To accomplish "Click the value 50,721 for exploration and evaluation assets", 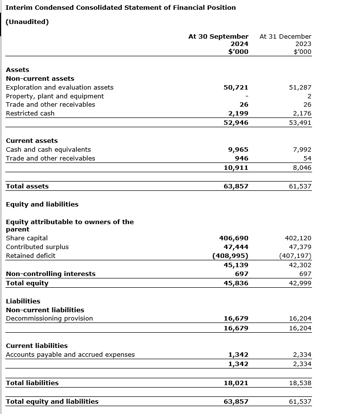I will (x=236, y=88).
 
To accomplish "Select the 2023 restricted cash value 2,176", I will (x=300, y=114).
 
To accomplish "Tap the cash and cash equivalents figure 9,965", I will (x=238, y=150).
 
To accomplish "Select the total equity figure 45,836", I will (x=236, y=283).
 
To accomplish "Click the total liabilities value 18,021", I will (x=236, y=383).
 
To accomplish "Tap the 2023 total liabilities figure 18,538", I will (x=300, y=383).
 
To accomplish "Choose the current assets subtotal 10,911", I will (x=236, y=168).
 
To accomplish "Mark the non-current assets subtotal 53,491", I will (x=300, y=123).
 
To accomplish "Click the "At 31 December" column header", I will (x=285, y=36).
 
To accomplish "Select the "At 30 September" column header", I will (x=218, y=36).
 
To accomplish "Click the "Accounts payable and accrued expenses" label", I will (x=70, y=355).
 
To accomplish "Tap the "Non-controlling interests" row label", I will (x=51, y=274).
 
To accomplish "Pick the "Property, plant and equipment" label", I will (x=55, y=96).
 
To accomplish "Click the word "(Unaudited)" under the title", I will (x=27, y=22).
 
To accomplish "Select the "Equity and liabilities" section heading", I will (x=42, y=205).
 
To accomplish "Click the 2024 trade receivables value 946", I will (x=242, y=159).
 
